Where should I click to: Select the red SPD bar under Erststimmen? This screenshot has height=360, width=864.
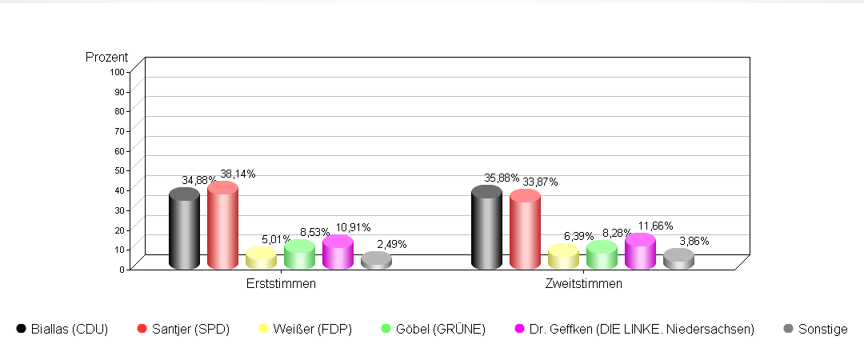222,227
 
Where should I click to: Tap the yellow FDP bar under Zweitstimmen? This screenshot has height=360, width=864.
563,258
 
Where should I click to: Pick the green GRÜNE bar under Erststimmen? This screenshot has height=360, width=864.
299,255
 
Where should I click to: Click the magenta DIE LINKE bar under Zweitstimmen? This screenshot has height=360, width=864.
640,253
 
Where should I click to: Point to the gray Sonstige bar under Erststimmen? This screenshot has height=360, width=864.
376,262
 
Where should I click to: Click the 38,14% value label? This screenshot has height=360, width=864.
238,174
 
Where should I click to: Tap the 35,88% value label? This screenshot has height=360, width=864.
502,178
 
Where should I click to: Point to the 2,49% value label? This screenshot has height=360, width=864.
391,244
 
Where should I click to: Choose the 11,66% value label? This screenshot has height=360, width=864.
655,226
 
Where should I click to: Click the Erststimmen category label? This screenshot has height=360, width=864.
281,283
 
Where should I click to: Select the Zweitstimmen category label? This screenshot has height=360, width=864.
583,283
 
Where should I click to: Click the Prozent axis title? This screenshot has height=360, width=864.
106,57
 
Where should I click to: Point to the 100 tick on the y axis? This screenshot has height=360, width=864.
117,71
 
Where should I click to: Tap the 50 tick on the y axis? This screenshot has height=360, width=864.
119,170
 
